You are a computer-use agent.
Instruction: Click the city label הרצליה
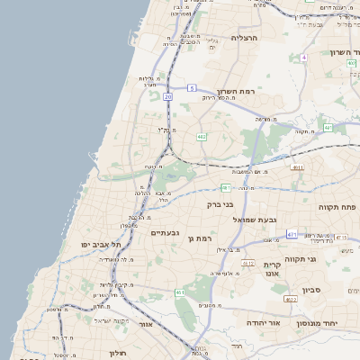[244, 38]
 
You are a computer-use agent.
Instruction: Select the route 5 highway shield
[192, 87]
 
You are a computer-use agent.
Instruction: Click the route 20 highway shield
[167, 94]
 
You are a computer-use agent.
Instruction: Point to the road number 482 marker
[201, 137]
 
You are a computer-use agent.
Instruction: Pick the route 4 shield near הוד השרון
[304, 57]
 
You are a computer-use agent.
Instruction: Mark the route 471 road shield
[292, 234]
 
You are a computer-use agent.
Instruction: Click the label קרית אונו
[274, 269]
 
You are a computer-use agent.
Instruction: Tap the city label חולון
[116, 353]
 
